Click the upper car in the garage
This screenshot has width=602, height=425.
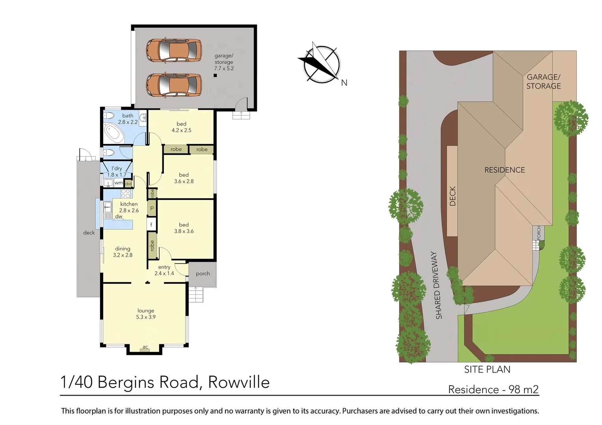point(174,50)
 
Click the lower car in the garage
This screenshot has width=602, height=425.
point(174,85)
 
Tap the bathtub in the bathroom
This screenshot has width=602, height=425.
point(114,133)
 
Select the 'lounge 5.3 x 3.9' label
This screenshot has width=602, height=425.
point(146,314)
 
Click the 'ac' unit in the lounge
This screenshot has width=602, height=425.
point(145,347)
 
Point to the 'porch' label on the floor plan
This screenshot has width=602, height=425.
point(203,273)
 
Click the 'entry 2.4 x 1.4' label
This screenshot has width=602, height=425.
point(164,270)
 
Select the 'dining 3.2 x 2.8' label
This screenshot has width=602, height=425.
point(123,252)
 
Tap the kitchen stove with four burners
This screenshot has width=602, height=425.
point(125,193)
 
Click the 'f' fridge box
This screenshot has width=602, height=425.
point(151,225)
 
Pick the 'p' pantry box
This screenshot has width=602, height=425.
point(152,208)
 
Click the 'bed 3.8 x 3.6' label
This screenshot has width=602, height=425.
point(184,228)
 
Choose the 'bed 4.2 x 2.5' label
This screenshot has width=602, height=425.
point(181,127)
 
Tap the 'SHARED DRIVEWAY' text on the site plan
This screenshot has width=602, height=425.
point(437,285)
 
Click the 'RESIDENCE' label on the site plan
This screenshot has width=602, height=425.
point(504,170)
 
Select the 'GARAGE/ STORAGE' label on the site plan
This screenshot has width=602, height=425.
point(543,81)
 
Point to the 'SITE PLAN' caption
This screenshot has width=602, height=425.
point(487,370)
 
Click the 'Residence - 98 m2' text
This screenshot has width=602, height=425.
point(493,390)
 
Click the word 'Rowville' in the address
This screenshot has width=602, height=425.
point(239,382)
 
